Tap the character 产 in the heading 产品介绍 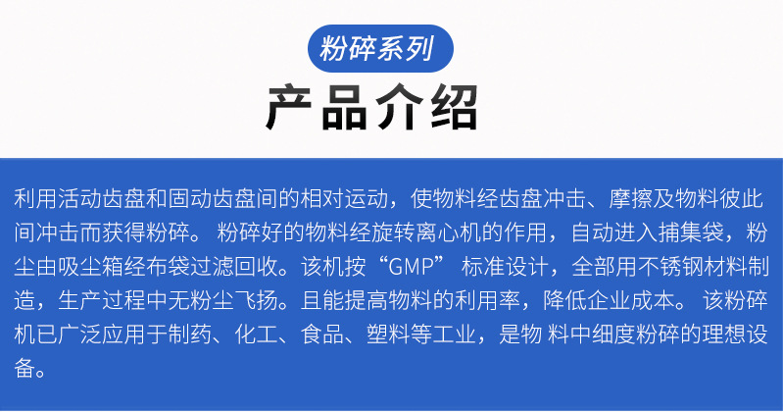pyautogui.click(x=292, y=109)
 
